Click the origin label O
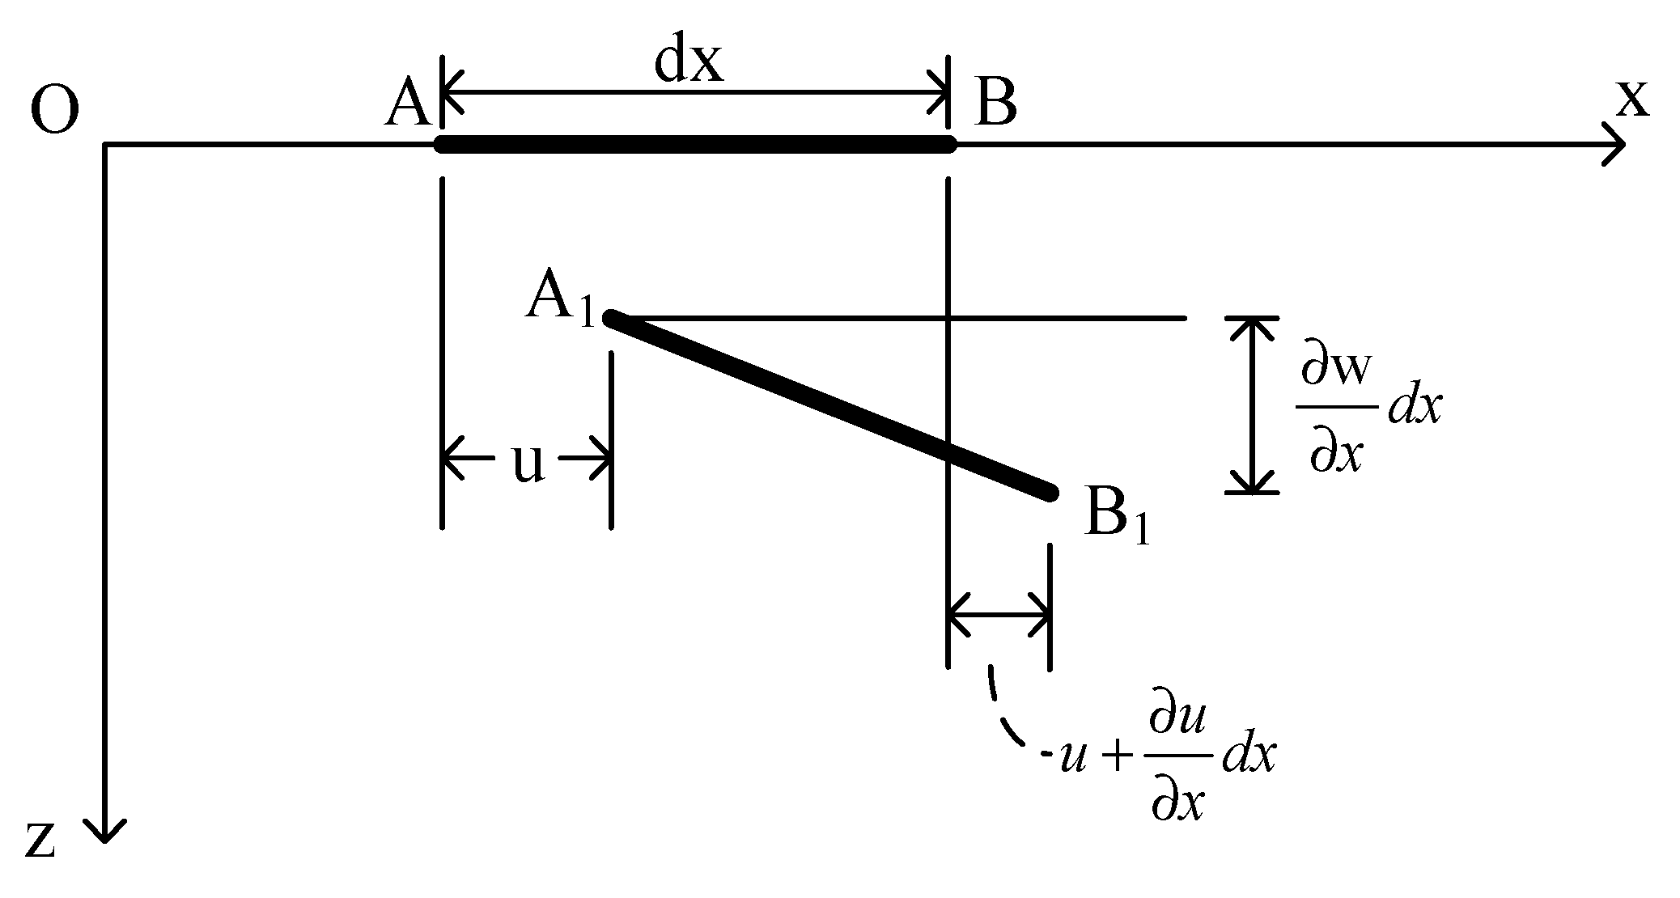point(54,111)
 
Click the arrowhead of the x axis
point(1615,146)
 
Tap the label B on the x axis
point(995,106)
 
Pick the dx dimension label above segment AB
point(689,63)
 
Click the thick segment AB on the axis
point(696,146)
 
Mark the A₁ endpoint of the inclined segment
point(612,318)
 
